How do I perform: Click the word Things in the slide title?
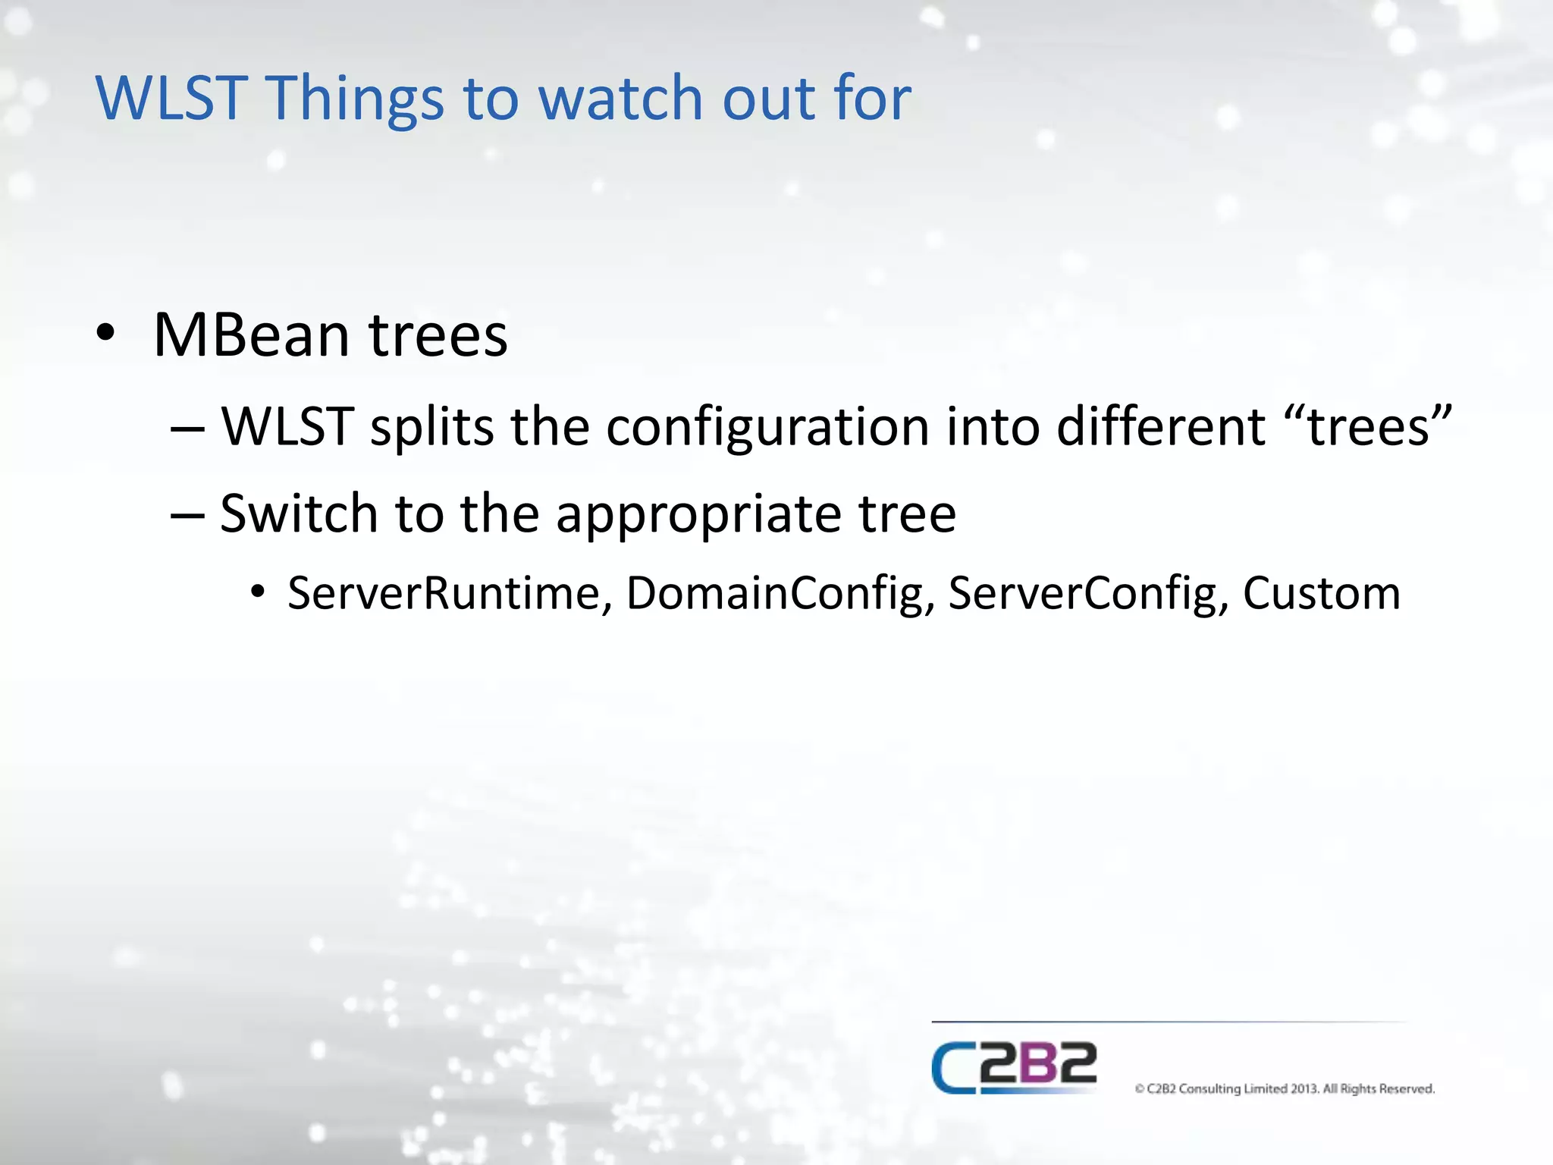tap(355, 99)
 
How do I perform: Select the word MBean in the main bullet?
tap(251, 335)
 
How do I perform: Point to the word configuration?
tap(767, 428)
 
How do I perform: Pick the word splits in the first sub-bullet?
tap(431, 428)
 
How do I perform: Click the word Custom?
tap(1321, 593)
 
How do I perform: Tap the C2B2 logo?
tap(1014, 1067)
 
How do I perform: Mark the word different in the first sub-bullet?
tap(1160, 426)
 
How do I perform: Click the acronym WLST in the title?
tap(171, 99)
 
